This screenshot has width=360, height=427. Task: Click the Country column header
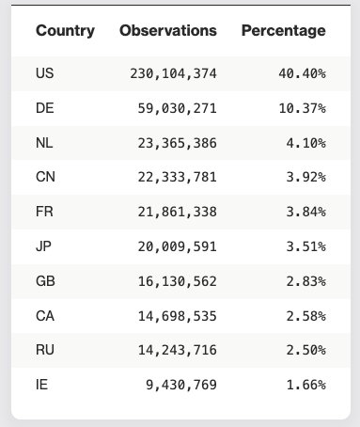[65, 31]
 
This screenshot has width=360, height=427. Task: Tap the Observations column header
[168, 31]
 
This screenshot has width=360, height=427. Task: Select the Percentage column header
[284, 31]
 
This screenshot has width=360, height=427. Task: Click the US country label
[44, 73]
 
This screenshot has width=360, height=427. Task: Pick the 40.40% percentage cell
[302, 73]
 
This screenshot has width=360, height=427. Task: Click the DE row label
[44, 108]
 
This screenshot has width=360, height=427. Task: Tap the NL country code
[44, 143]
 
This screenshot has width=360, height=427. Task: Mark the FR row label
[44, 212]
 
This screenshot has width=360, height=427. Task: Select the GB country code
[45, 281]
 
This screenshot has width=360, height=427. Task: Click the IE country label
[41, 385]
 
